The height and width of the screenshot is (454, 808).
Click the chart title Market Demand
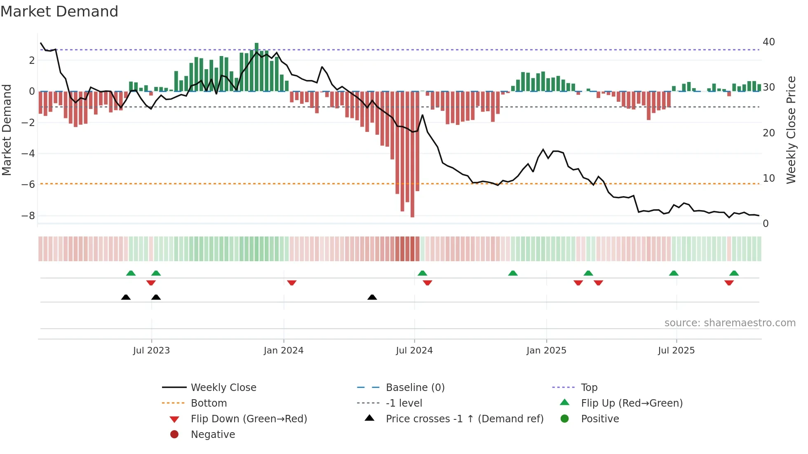(x=59, y=12)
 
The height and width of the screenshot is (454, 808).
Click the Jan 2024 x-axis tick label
(x=284, y=351)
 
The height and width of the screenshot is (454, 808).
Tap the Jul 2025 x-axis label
(x=676, y=351)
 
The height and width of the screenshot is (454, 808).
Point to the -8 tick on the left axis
(x=28, y=216)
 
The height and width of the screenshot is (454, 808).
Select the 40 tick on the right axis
(x=768, y=42)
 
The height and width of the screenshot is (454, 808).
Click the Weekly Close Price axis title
(x=791, y=130)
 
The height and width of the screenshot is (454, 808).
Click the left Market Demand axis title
(x=7, y=130)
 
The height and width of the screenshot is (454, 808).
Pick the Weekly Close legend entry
(x=223, y=388)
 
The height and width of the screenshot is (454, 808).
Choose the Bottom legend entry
(x=209, y=403)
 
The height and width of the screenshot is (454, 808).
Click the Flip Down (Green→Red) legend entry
(x=249, y=419)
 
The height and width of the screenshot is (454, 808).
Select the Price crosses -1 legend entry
(x=464, y=419)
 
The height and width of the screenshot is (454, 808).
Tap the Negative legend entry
(x=213, y=435)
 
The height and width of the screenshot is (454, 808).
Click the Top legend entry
(x=589, y=388)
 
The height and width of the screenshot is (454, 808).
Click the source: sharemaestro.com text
(x=730, y=323)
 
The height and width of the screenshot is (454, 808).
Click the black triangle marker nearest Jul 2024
(x=372, y=297)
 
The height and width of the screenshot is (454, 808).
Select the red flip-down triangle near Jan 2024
(x=292, y=283)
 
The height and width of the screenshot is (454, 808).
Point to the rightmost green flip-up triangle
(x=734, y=273)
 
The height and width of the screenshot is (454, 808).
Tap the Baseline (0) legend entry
(x=415, y=388)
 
